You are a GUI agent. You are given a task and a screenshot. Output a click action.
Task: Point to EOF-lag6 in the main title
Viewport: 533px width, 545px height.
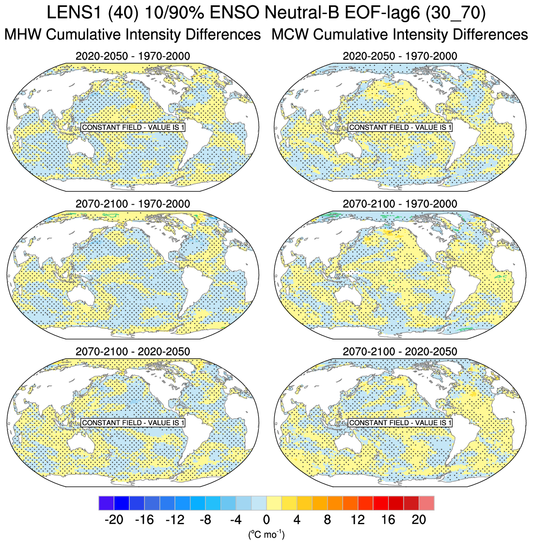tap(380, 13)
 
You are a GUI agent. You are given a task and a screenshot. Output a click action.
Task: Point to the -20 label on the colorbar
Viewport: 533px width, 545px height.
tap(114, 520)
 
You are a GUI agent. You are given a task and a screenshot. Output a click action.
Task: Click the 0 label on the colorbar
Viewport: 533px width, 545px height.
tap(266, 520)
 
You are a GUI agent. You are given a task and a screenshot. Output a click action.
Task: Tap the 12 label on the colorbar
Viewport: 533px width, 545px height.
tap(358, 520)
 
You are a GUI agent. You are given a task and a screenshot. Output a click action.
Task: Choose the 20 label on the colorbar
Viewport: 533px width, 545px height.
tap(419, 520)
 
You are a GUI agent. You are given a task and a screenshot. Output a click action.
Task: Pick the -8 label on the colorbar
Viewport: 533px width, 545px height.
tap(205, 520)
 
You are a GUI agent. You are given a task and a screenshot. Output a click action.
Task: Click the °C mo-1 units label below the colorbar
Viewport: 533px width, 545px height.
tap(266, 535)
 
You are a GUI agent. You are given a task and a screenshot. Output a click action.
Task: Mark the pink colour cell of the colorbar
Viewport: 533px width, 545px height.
tap(426, 503)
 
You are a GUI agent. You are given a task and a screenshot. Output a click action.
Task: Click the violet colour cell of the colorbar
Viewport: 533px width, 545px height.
tap(106, 503)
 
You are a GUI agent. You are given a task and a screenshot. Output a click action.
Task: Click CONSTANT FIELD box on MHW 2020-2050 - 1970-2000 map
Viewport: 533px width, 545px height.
tap(133, 128)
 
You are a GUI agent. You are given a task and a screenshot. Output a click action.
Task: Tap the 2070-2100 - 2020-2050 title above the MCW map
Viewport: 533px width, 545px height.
tap(400, 351)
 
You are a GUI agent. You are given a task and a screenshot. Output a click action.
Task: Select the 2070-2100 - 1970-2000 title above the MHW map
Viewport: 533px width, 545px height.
tap(133, 204)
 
